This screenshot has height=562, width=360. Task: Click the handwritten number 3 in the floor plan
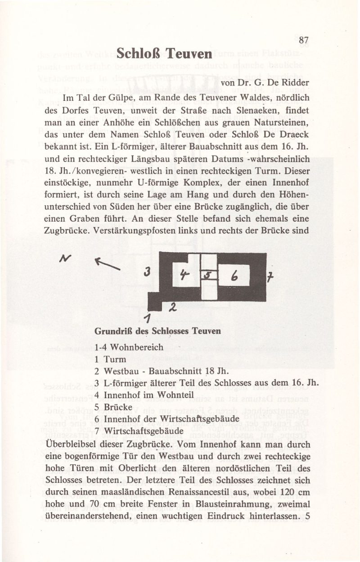146,272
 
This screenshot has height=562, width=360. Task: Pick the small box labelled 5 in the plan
208,274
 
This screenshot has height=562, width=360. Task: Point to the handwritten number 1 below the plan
147,318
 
